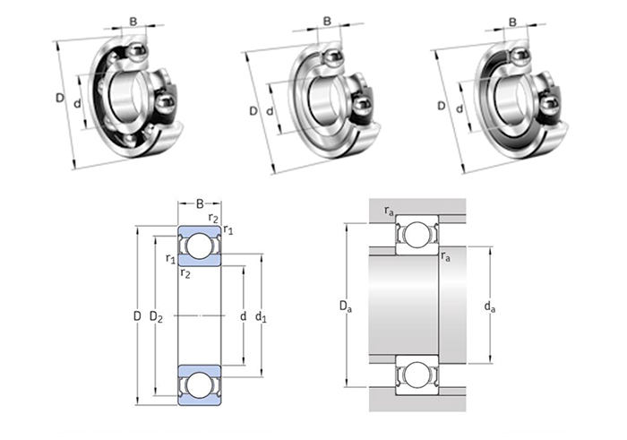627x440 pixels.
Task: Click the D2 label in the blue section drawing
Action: pos(156,315)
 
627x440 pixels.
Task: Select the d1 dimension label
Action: pos(261,315)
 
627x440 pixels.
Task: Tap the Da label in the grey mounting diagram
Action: pos(345,308)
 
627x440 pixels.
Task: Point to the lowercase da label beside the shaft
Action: pos(489,308)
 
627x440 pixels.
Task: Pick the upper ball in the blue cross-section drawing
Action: pos(199,246)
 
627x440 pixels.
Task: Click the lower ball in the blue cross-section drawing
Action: pos(199,384)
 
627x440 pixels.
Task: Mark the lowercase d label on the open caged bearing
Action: pos(78,103)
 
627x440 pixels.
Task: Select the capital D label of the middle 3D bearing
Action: pos(253,111)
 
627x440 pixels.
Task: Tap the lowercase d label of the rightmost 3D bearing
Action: pos(460,109)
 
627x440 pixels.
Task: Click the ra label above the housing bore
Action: pos(388,211)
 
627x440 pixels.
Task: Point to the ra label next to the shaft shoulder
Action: pos(445,256)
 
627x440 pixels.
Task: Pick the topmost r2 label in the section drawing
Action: pos(212,218)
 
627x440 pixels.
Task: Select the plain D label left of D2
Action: pos(137,315)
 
